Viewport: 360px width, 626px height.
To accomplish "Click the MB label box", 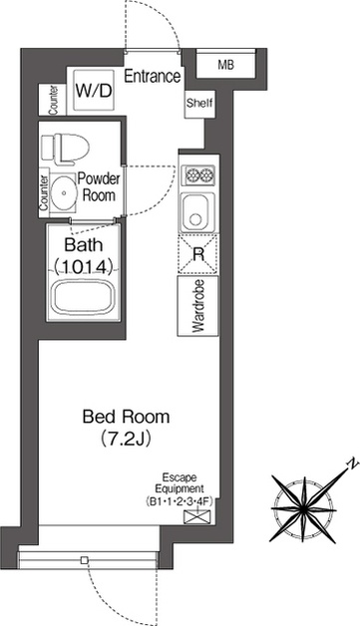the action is pos(225,65).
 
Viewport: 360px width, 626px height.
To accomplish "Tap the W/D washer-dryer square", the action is pos(94,91).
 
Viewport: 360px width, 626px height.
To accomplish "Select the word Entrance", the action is pos(153,76).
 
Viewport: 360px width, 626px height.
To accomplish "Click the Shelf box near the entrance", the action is pos(199,104).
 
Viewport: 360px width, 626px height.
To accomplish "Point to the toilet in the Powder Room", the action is pos(65,150).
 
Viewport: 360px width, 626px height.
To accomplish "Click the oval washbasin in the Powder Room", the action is pos(64,192).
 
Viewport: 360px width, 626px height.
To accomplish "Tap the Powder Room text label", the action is pos(99,186).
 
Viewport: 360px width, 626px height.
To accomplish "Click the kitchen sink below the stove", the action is pos(195,212).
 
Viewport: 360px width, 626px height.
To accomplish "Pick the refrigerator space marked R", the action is pos(197,254).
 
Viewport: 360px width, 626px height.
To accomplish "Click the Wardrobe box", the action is pos(198,306).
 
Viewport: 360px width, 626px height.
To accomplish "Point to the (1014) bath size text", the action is pos(82,267).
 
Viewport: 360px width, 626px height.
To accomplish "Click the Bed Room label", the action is pos(126,417).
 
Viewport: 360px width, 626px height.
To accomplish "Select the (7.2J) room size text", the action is pos(126,439).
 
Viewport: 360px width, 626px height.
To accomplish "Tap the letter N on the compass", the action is pos(353,464).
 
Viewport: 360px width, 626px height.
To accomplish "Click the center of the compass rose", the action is pos(304,509).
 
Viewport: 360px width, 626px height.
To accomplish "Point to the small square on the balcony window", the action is pos(84,560).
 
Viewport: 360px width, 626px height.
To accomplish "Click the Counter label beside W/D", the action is pos(53,100).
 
